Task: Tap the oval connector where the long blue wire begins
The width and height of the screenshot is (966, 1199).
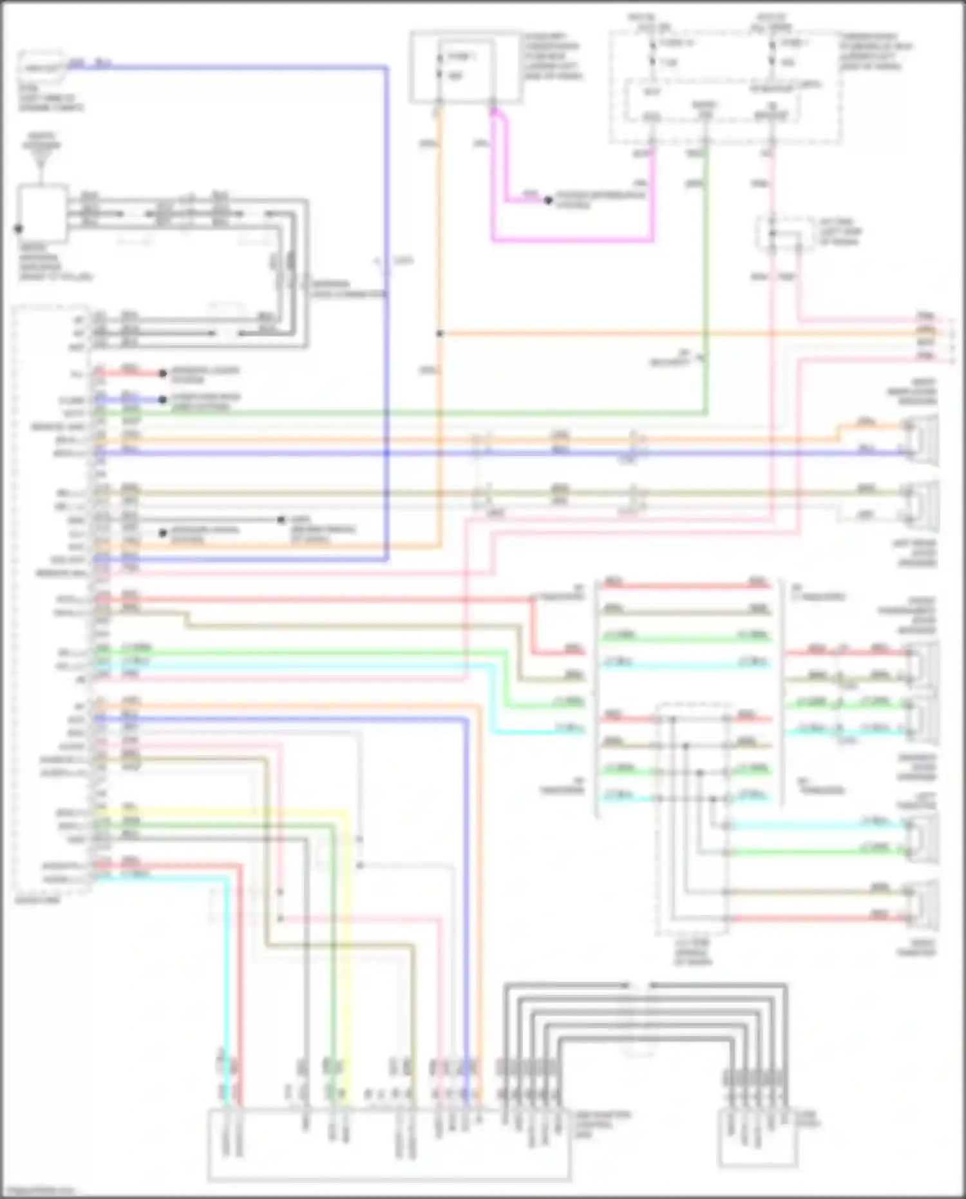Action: coord(41,66)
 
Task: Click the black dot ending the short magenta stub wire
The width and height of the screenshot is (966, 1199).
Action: coord(548,200)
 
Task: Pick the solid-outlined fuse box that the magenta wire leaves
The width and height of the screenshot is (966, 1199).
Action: coord(466,68)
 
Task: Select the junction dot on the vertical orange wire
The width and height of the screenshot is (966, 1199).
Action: coord(439,334)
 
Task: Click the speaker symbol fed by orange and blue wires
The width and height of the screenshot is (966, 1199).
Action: coord(922,441)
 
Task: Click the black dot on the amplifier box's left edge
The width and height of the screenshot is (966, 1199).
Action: coord(19,229)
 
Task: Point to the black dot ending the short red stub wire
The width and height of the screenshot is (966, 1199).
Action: coord(163,373)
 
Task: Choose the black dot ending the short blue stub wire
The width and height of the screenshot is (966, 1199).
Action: coord(163,399)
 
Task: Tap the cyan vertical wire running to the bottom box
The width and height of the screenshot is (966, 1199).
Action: coord(225,966)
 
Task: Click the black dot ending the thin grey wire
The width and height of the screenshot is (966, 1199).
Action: coord(281,519)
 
